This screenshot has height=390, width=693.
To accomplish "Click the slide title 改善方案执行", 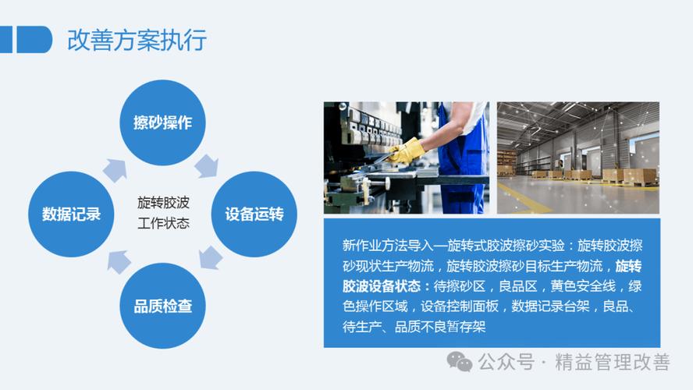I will click(137, 39).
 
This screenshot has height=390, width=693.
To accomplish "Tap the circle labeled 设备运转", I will click(254, 214).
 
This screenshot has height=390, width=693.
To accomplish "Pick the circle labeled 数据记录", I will click(71, 214).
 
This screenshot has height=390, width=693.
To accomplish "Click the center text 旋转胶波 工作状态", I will click(163, 213).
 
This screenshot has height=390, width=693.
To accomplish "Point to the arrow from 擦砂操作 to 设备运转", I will click(207, 165).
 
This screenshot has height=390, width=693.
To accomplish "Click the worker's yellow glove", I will click(407, 151).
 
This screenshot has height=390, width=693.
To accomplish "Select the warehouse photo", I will click(577, 158).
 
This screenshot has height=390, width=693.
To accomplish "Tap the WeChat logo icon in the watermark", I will click(459, 362).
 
